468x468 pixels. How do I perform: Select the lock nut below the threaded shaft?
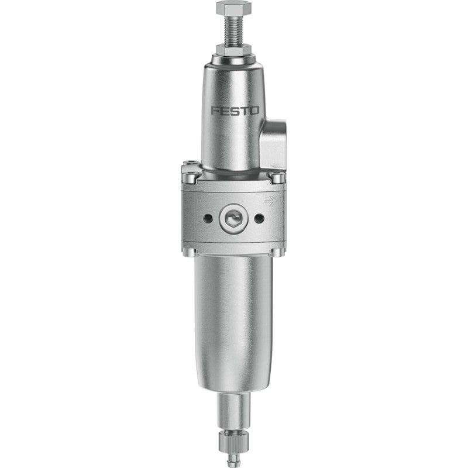click(x=233, y=49)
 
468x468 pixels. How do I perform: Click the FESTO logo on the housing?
click(x=235, y=111)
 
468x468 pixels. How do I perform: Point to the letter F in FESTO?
click(x=215, y=111)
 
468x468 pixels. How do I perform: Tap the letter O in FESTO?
click(x=254, y=111)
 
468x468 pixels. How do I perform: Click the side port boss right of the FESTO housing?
click(x=273, y=144)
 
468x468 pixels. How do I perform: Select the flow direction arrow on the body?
click(x=270, y=201)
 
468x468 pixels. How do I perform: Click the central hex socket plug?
click(x=233, y=218)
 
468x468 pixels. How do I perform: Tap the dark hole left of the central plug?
click(x=208, y=218)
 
